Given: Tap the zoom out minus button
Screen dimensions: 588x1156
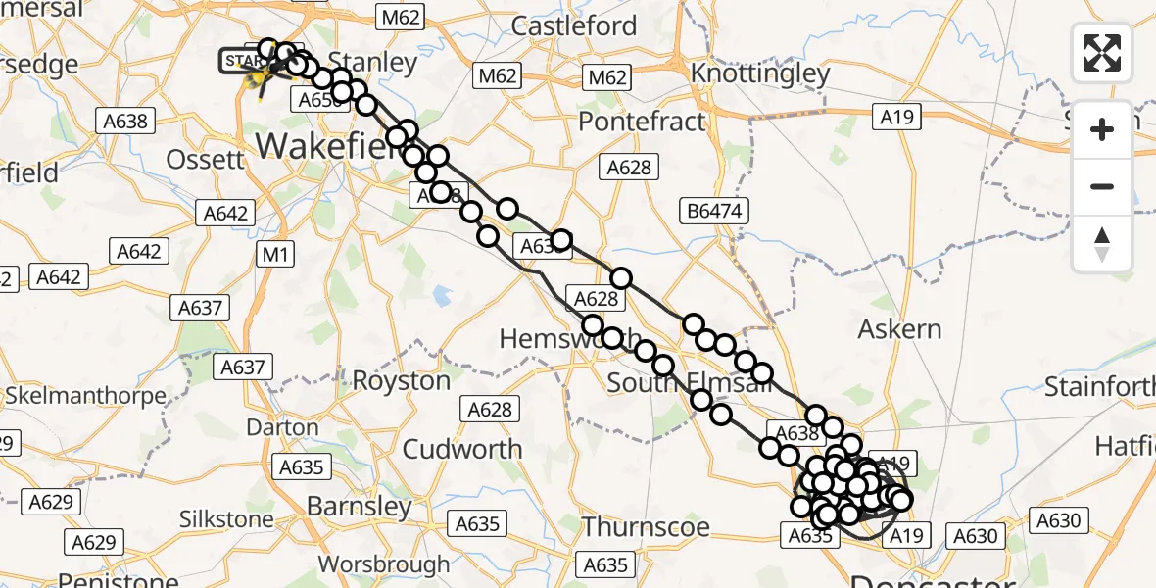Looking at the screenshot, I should [1102, 186].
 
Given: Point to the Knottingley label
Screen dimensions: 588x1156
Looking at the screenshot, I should [760, 73].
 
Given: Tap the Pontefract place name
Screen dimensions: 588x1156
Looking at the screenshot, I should [642, 122].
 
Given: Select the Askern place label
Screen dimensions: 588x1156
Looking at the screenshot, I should [899, 329].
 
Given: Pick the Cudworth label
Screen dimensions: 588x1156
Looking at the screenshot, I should [462, 449].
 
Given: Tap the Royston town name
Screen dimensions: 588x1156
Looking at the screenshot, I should [402, 381].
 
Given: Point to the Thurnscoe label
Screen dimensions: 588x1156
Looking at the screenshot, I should [646, 527].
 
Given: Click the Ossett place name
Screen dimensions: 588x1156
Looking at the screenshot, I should [205, 159].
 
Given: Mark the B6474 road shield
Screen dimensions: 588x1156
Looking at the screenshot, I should [716, 210].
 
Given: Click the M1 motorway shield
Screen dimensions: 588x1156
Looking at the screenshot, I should [274, 255].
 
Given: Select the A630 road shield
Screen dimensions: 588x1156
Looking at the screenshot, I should [975, 535].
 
